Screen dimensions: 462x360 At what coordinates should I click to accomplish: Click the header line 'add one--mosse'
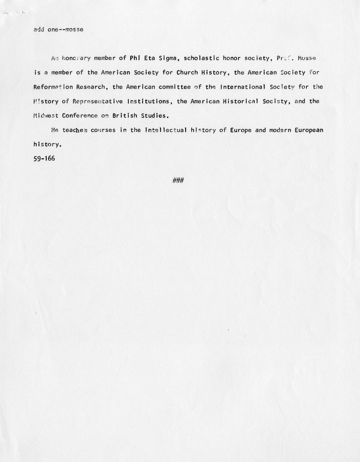58,29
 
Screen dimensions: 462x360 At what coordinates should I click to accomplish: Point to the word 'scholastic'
201,58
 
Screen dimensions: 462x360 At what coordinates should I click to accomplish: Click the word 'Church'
187,72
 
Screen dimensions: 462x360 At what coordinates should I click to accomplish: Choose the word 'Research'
91,87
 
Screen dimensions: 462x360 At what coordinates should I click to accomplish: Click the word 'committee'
174,87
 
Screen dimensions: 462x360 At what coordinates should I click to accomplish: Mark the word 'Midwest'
46,115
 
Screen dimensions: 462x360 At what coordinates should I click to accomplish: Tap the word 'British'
124,115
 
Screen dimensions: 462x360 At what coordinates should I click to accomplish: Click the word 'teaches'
75,130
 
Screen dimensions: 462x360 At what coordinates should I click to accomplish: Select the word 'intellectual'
166,130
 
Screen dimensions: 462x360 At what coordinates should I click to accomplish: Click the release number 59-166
44,158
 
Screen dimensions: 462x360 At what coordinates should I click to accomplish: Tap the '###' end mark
178,181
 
